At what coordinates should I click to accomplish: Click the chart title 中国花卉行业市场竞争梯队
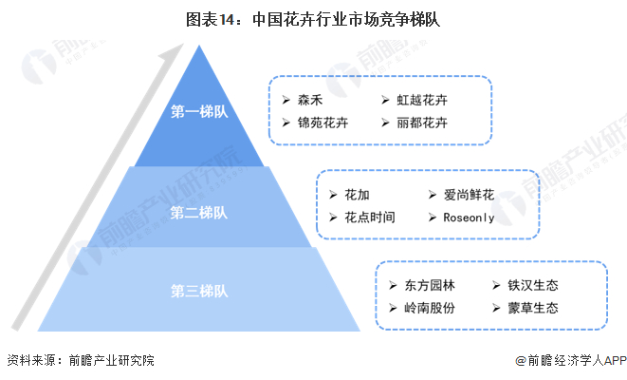pyautogui.click(x=313, y=17)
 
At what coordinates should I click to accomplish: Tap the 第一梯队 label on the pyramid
pyautogui.click(x=199, y=113)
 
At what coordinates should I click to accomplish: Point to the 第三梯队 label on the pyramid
pyautogui.click(x=199, y=289)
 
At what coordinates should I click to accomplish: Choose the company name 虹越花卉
pyautogui.click(x=422, y=99)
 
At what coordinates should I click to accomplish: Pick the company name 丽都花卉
pyautogui.click(x=422, y=123)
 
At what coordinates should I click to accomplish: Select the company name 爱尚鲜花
pyautogui.click(x=469, y=194)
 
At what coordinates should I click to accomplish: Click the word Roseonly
pyautogui.click(x=470, y=218)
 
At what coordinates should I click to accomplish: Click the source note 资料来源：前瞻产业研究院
pyautogui.click(x=80, y=361)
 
